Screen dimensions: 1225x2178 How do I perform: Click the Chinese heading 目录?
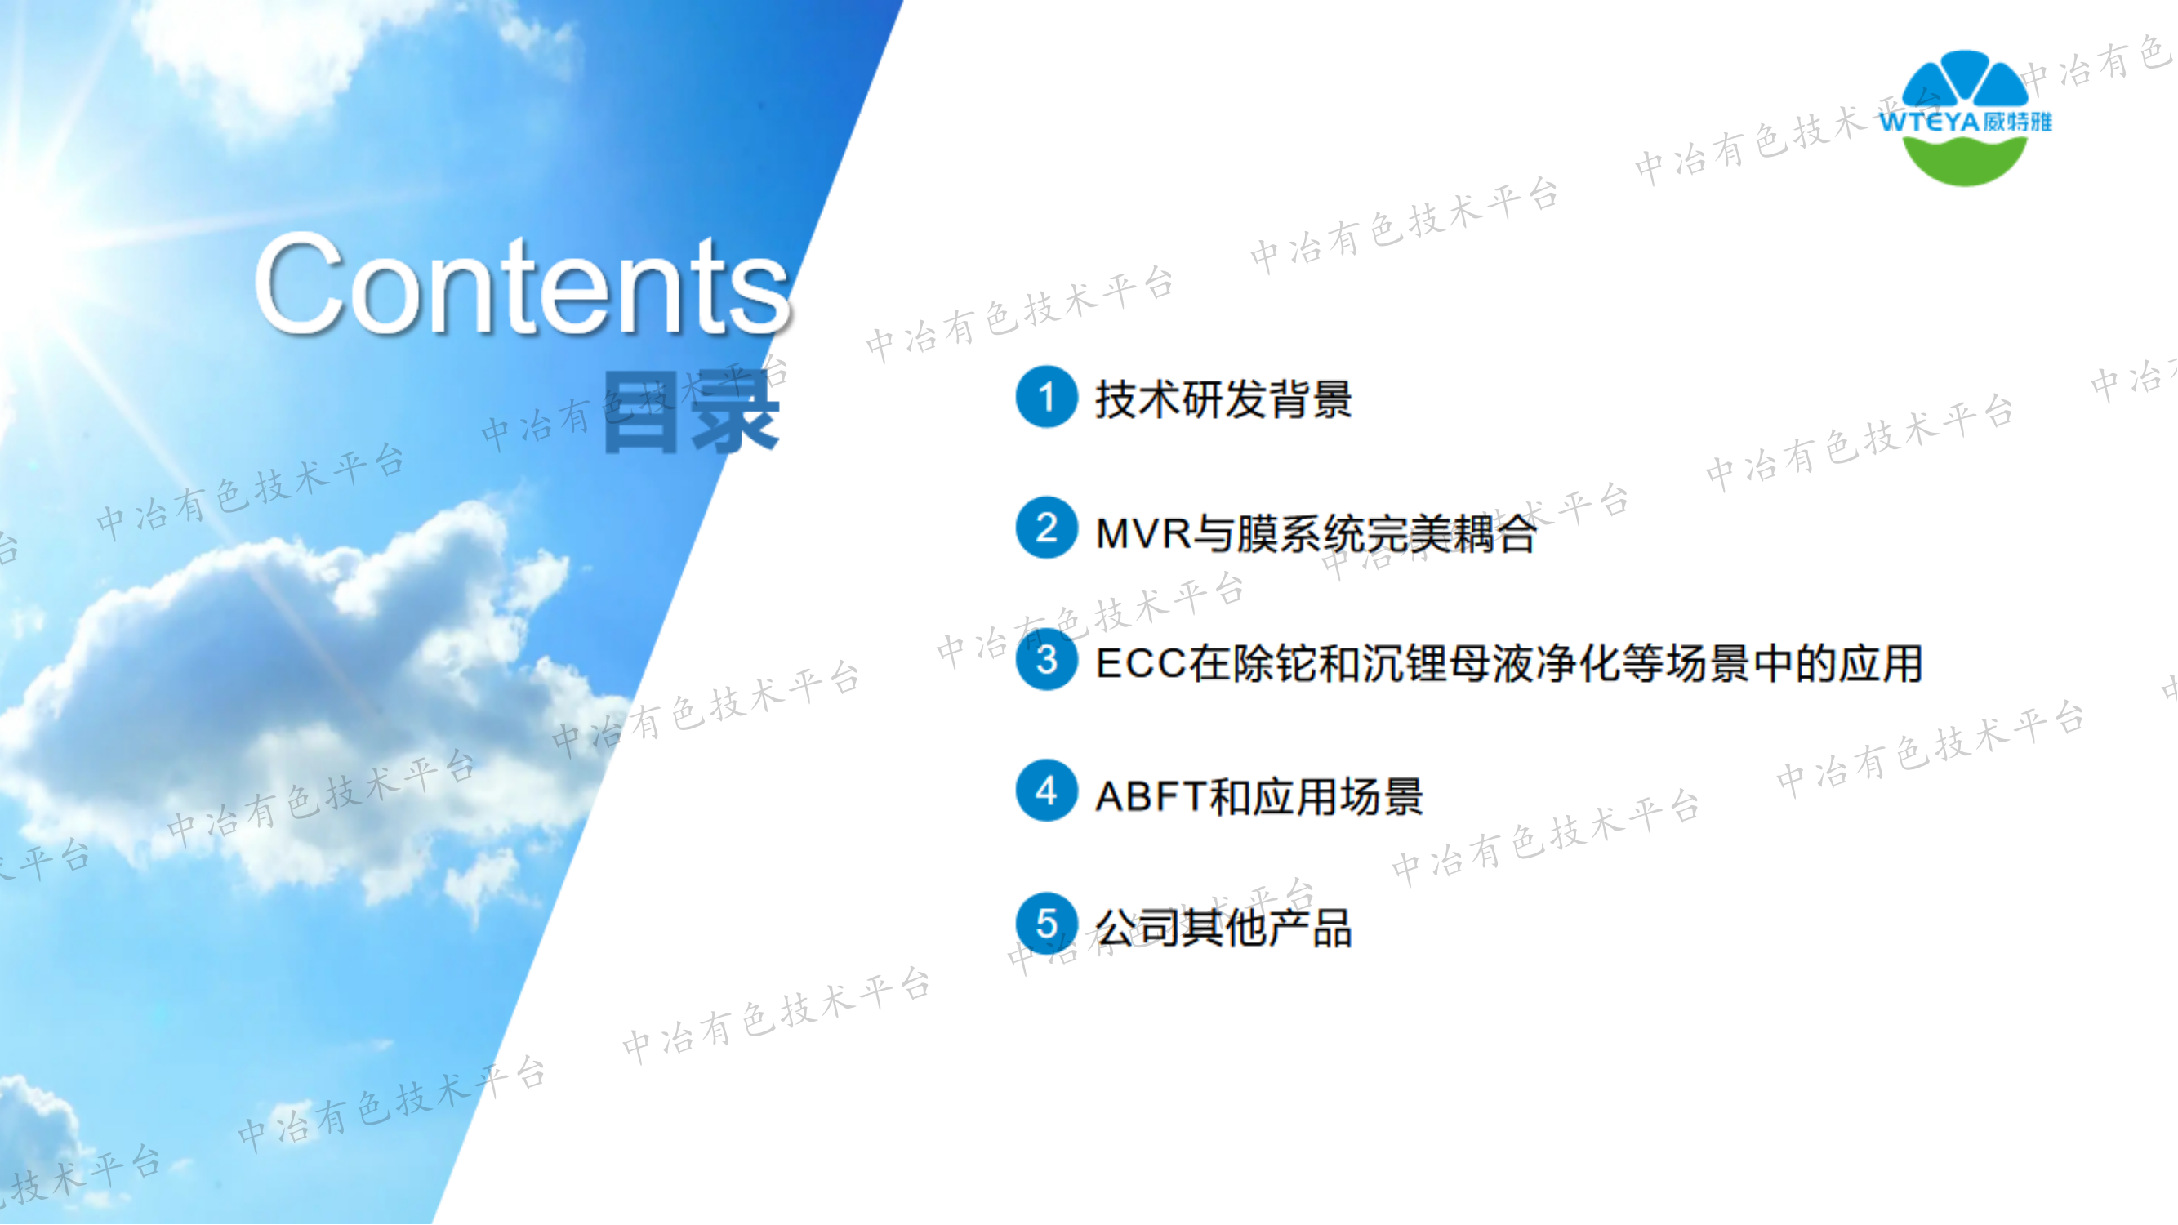pyautogui.click(x=690, y=413)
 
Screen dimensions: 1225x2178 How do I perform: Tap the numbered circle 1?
pyautogui.click(x=1047, y=398)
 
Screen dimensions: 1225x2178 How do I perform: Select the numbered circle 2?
pyautogui.click(x=1047, y=528)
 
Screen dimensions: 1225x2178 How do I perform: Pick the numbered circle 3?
pyautogui.click(x=1047, y=660)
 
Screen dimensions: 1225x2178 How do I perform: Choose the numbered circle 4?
pyautogui.click(x=1047, y=792)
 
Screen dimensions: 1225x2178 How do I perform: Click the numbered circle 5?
pyautogui.click(x=1047, y=923)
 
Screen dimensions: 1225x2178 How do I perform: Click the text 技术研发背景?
pyautogui.click(x=1223, y=399)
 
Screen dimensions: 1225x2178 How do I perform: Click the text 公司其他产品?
pyautogui.click(x=1223, y=929)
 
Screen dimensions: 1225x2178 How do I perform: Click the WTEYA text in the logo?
pyautogui.click(x=1930, y=122)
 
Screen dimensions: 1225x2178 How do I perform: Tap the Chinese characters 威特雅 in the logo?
pyautogui.click(x=2018, y=122)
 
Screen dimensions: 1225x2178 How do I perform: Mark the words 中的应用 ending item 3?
pyautogui.click(x=1838, y=665)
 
